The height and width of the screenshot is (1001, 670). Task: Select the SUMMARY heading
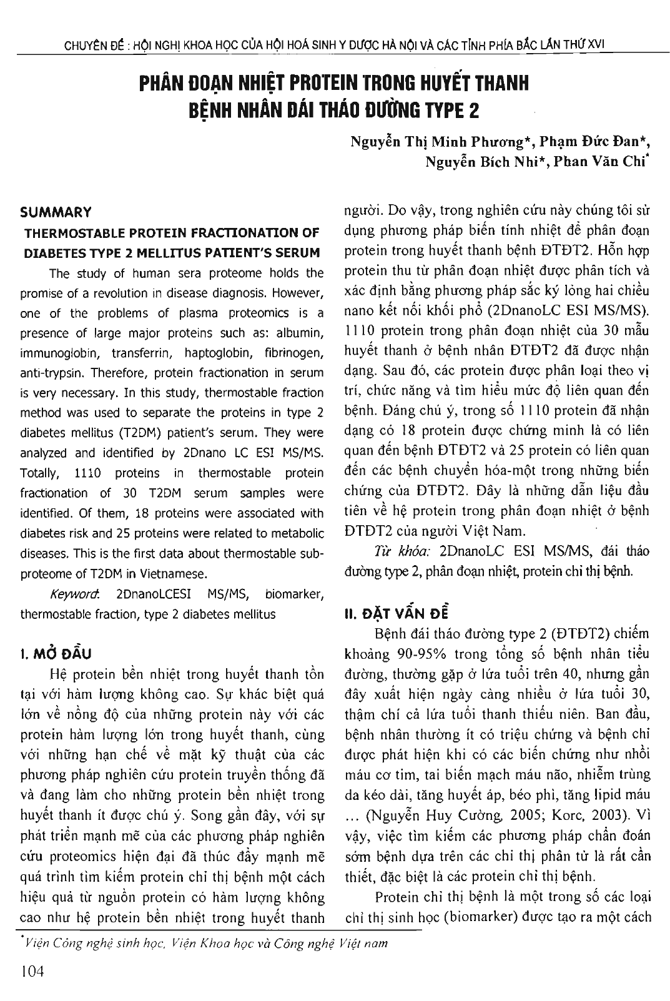pos(56,212)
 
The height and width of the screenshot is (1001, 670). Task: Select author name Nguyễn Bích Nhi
pos(485,162)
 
